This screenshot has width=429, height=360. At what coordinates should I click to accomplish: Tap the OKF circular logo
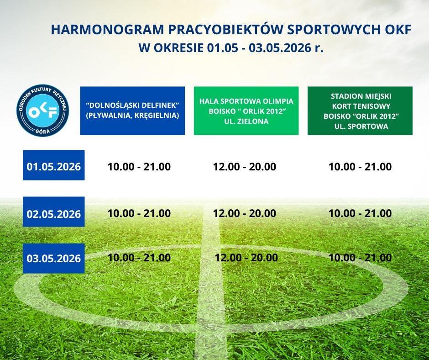[43, 110]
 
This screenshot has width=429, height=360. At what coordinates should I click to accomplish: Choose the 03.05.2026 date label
[54, 259]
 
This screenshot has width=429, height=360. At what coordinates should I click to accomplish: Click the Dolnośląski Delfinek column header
[132, 111]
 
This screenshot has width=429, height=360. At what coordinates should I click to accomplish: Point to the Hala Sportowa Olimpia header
[246, 111]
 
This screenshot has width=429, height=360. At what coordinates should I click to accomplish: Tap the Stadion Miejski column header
[360, 111]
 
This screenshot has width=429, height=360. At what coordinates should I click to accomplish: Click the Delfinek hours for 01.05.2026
[139, 167]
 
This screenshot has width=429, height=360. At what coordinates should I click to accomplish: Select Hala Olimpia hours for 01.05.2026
[245, 167]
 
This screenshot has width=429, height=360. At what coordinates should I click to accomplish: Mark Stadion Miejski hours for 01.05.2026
[360, 167]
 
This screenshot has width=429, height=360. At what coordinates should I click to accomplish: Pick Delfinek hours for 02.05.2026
[139, 213]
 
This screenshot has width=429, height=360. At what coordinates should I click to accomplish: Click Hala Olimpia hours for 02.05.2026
[245, 213]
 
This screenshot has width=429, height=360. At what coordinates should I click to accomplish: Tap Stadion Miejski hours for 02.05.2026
[360, 213]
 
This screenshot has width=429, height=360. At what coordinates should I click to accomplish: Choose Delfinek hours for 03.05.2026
[139, 258]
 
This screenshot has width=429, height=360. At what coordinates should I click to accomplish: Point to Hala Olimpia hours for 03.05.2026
[246, 258]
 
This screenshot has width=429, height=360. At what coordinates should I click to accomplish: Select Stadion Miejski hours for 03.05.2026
[360, 258]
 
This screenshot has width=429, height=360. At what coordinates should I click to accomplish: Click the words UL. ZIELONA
[246, 121]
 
